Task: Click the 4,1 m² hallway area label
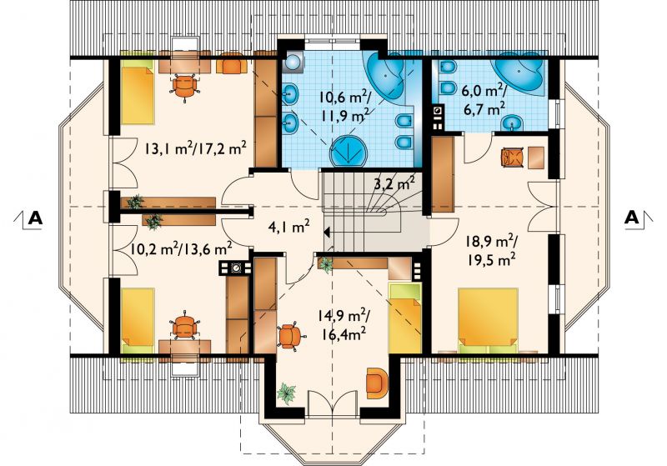[x=288, y=227]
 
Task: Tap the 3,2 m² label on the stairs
[x=394, y=184]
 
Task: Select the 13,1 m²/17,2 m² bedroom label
[x=196, y=149]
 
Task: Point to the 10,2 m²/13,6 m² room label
[x=181, y=248]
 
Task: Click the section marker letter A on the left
[x=35, y=218]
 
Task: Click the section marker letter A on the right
[x=632, y=218]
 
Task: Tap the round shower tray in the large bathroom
[x=349, y=152]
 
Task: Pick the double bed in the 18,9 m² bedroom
[x=489, y=321]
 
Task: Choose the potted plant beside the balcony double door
[x=286, y=393]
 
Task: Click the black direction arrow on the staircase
[x=327, y=233]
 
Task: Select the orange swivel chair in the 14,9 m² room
[x=290, y=336]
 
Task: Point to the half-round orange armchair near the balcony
[x=378, y=383]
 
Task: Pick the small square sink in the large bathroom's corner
[x=293, y=62]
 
